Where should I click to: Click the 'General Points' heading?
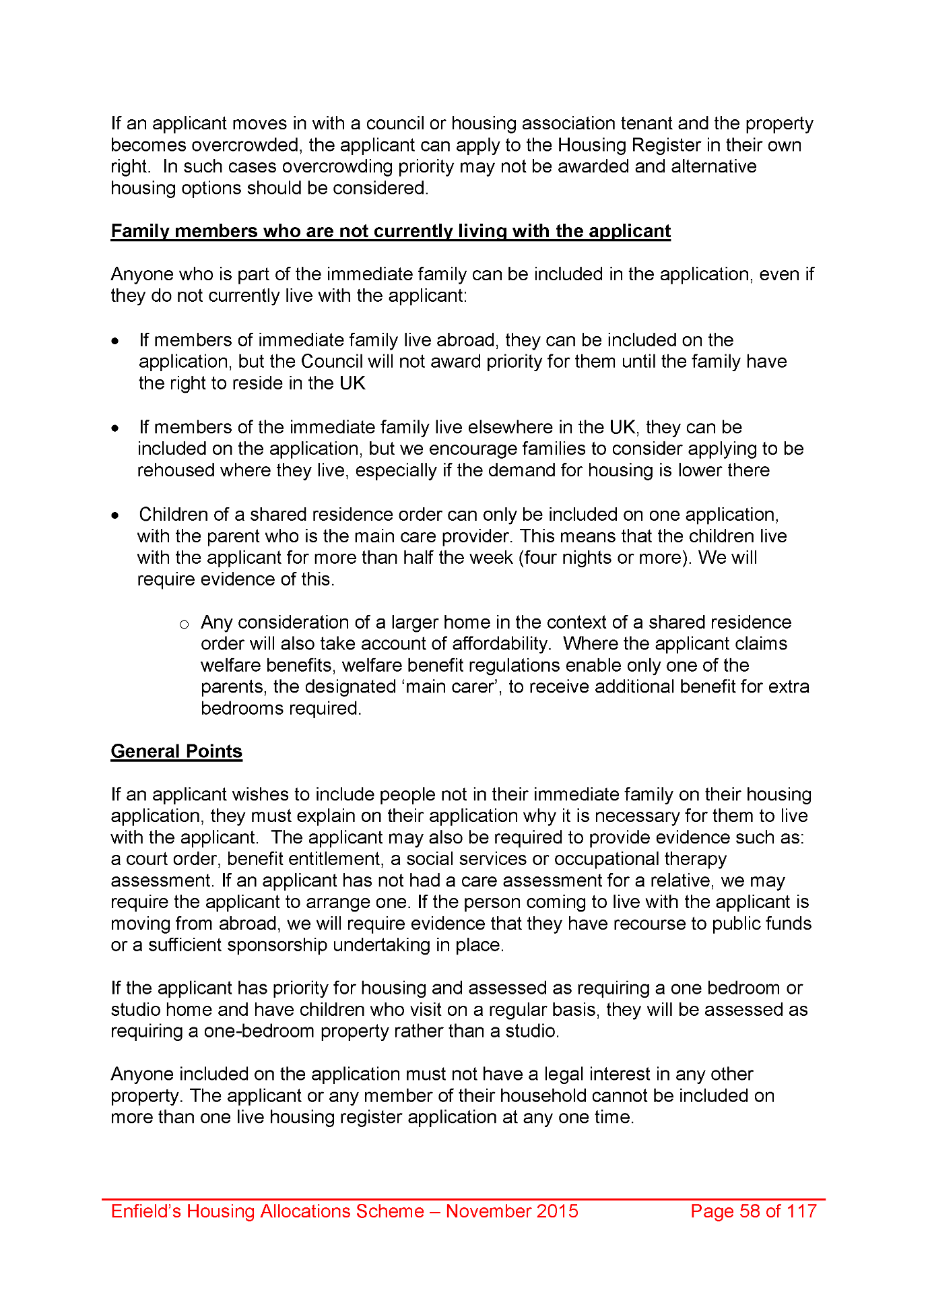(x=176, y=751)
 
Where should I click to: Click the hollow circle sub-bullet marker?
(x=184, y=625)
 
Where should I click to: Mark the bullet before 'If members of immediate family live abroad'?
(x=117, y=342)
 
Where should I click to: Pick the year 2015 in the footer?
(x=556, y=1211)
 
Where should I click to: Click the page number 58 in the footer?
(x=750, y=1211)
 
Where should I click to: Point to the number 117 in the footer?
(x=801, y=1211)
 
